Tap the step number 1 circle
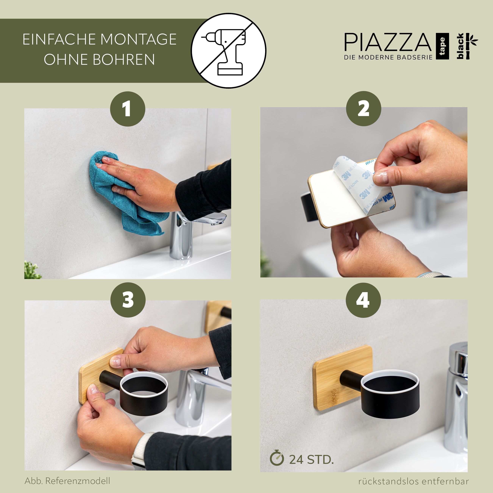[x=128, y=109]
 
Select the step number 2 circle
[x=363, y=109]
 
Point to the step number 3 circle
[x=128, y=300]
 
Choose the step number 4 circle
[x=363, y=300]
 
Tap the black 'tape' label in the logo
[x=442, y=46]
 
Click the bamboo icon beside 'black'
[x=471, y=46]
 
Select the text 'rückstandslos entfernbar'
[x=413, y=481]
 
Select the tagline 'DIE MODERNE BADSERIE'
[x=388, y=57]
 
